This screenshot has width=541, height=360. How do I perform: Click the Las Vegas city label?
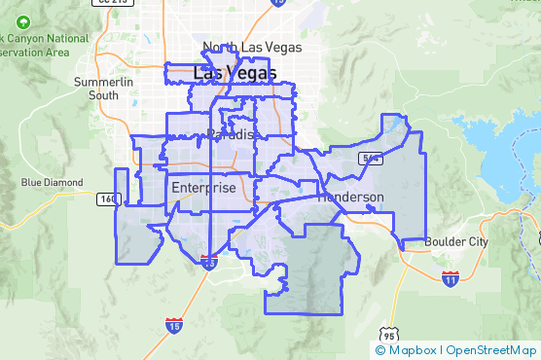click(234, 72)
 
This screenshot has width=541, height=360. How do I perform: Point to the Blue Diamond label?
click(47, 182)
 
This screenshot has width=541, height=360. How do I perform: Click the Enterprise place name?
click(202, 188)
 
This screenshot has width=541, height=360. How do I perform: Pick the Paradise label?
click(233, 134)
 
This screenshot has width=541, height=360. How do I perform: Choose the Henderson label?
click(352, 197)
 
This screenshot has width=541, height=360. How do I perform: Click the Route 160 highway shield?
click(107, 198)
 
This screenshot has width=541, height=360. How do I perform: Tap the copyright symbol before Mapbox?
click(380, 349)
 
